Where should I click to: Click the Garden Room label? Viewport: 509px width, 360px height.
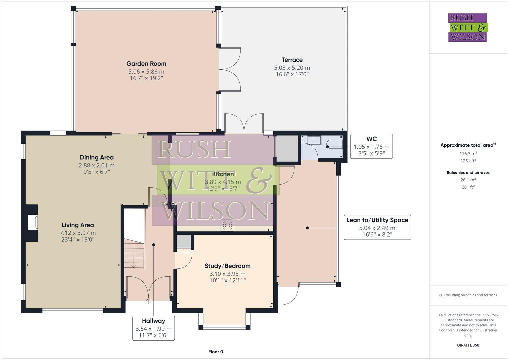pyautogui.click(x=146, y=64)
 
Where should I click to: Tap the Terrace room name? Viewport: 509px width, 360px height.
pyautogui.click(x=292, y=60)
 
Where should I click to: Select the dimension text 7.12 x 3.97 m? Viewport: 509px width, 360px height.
pyautogui.click(x=78, y=233)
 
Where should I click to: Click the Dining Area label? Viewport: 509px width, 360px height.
pyautogui.click(x=97, y=157)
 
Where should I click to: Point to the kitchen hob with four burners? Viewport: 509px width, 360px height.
pyautogui.click(x=228, y=225)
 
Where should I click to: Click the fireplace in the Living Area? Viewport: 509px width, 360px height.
pyautogui.click(x=33, y=222)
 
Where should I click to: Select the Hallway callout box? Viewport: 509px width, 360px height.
pyautogui.click(x=153, y=328)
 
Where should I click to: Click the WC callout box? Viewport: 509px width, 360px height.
pyautogui.click(x=371, y=146)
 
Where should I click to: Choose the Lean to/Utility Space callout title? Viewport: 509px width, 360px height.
pyautogui.click(x=377, y=220)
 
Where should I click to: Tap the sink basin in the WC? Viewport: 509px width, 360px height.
pyautogui.click(x=314, y=140)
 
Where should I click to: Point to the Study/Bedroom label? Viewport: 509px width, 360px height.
pyautogui.click(x=227, y=266)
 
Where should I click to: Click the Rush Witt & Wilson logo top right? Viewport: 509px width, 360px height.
pyautogui.click(x=467, y=27)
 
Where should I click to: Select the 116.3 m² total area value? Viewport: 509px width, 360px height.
pyautogui.click(x=468, y=154)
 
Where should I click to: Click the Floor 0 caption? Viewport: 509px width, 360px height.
pyautogui.click(x=216, y=352)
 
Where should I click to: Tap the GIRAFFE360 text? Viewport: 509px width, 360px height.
pyautogui.click(x=468, y=345)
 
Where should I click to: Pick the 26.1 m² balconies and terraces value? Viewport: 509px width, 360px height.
pyautogui.click(x=468, y=180)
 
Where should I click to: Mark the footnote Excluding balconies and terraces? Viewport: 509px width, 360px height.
pyautogui.click(x=468, y=295)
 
